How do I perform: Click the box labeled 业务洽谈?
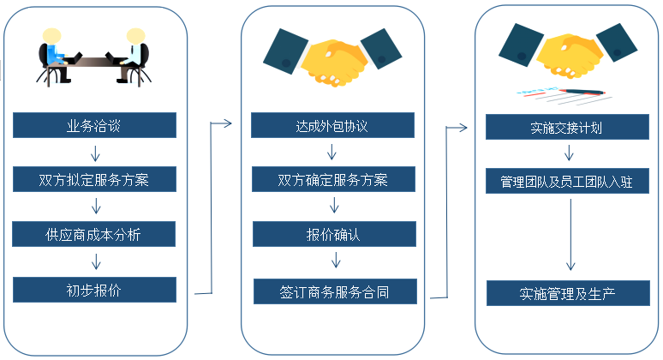pos(94,126)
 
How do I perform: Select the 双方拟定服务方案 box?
pos(94,180)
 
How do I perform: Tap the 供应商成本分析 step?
pos(94,234)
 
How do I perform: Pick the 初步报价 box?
pos(94,290)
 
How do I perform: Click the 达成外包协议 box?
pos(332,126)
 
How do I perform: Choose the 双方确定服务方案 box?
pos(332,180)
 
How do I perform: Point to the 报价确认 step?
pos(332,234)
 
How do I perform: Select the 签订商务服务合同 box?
pos(335,291)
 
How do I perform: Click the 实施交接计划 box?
pos(566,128)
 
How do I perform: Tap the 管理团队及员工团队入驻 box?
pos(566,182)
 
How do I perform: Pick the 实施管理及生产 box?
pos(566,293)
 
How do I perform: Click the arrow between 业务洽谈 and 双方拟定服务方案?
pos(95,153)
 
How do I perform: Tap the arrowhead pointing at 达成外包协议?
pos(229,124)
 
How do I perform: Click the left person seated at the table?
pos(53,53)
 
